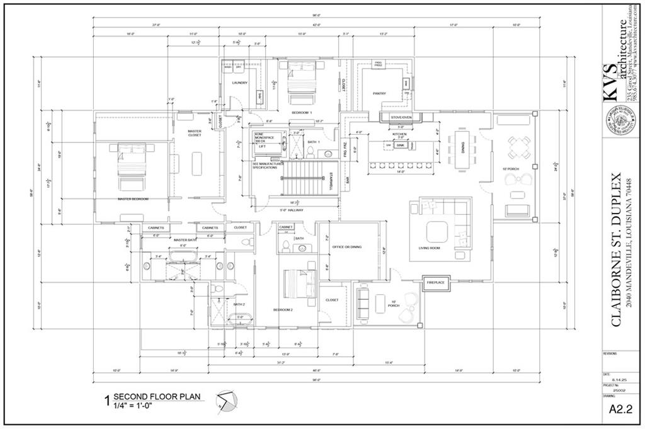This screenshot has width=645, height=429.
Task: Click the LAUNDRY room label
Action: [239, 83]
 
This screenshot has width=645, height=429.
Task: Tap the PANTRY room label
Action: [379, 93]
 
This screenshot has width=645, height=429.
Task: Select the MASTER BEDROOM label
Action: [134, 199]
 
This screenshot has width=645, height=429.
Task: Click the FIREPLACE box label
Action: [436, 283]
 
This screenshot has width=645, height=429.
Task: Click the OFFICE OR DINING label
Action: [347, 247]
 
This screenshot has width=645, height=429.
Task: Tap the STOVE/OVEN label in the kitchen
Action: [401, 117]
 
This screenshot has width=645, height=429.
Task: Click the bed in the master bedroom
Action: [134, 165]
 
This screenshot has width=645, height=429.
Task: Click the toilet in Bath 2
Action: [218, 289]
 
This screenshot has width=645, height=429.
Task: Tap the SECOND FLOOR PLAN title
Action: [156, 396]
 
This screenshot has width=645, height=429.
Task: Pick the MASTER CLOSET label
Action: [195, 134]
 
